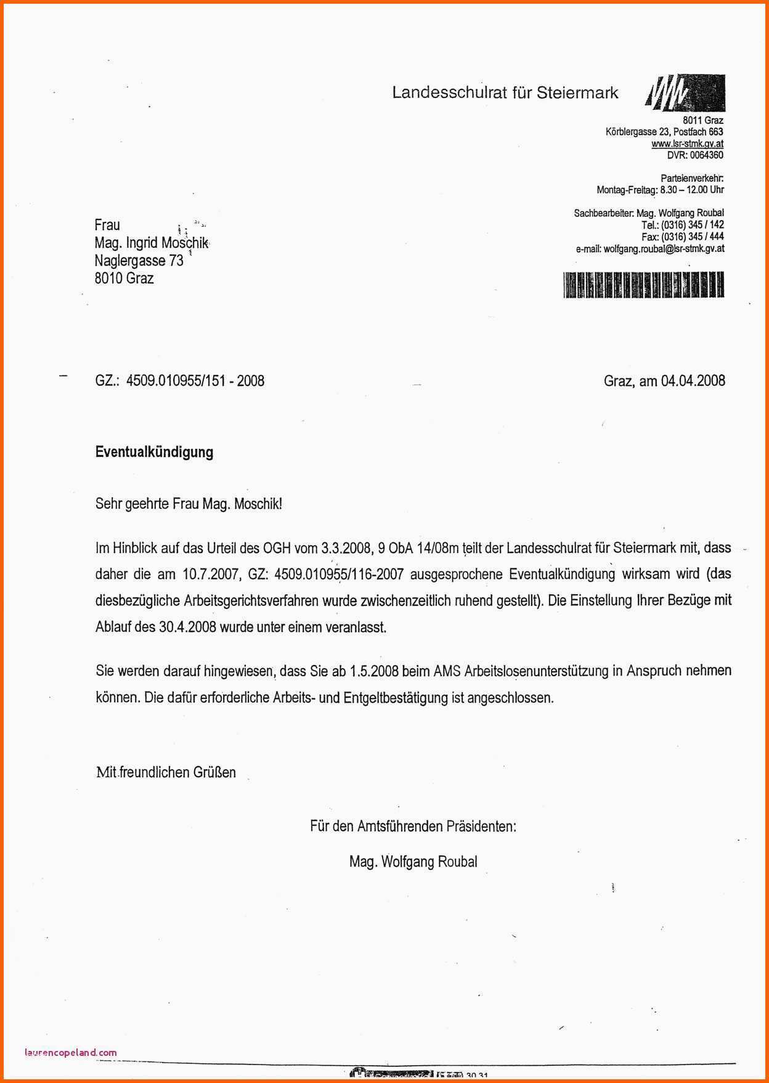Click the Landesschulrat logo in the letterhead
click(x=685, y=92)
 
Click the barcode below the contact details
click(x=643, y=285)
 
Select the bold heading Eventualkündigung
click(x=154, y=452)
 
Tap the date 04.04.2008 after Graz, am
click(x=693, y=380)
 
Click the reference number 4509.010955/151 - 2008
click(x=195, y=380)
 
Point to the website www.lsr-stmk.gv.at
click(x=687, y=144)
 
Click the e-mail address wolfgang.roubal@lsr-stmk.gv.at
click(x=664, y=248)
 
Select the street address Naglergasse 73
click(x=139, y=261)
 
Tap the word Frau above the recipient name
click(x=107, y=225)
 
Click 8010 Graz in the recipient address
click(x=124, y=278)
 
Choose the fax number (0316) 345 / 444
click(x=692, y=237)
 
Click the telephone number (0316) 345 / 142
click(x=692, y=225)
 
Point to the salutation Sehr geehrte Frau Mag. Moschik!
click(x=189, y=504)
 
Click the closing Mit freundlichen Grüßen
click(x=166, y=772)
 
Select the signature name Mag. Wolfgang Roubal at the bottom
click(x=413, y=862)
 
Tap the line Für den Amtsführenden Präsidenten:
click(x=413, y=826)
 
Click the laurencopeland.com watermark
click(x=70, y=1053)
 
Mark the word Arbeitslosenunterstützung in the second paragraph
click(x=537, y=671)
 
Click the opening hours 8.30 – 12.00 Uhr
click(x=691, y=190)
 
